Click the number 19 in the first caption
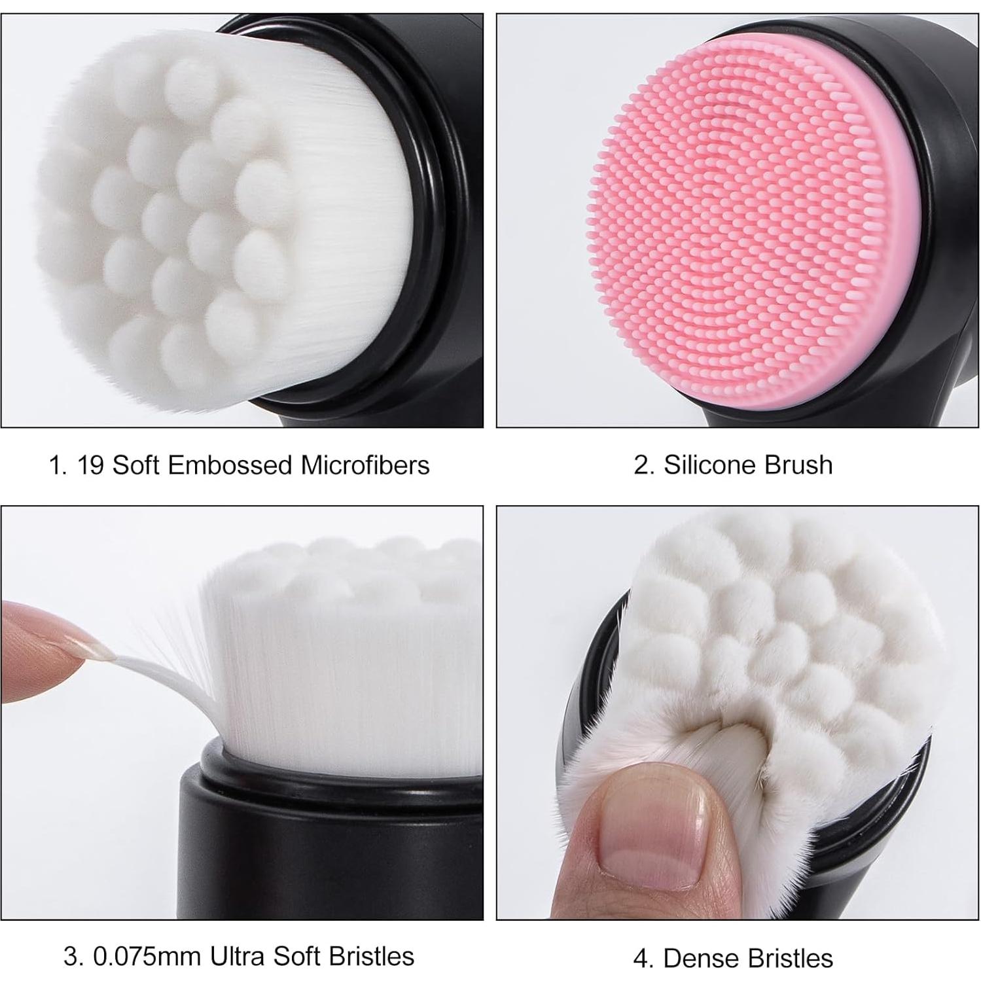pyautogui.click(x=90, y=465)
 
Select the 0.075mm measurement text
pyautogui.click(x=147, y=957)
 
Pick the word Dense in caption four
pyautogui.click(x=699, y=959)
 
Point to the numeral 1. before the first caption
pyautogui.click(x=58, y=465)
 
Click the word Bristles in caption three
pyautogui.click(x=372, y=957)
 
